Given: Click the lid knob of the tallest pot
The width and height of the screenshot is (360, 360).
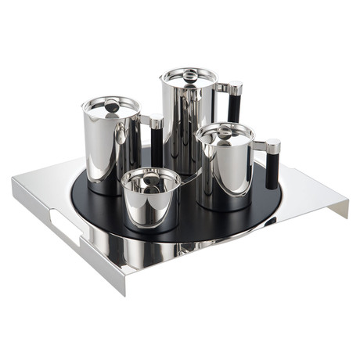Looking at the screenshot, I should click(189, 74).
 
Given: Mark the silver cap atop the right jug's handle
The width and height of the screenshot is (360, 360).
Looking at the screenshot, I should click(272, 146).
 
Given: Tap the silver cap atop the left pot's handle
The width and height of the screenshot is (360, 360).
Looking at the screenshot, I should click(156, 121).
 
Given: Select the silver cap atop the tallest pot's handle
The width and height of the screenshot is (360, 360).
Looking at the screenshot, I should click(234, 87).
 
